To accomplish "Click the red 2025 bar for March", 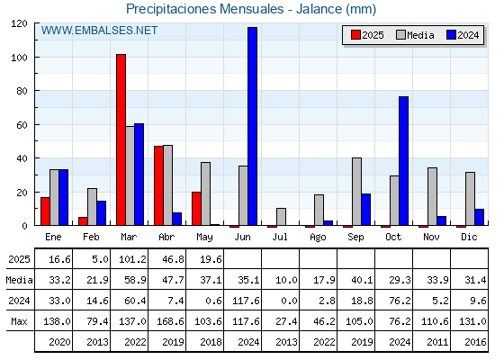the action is point(121,139).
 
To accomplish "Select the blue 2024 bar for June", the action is point(252,126).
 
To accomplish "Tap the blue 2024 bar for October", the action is point(404,161).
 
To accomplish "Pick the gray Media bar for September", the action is point(356,192).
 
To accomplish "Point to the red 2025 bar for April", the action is point(158,185).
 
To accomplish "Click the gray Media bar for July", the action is point(281,217).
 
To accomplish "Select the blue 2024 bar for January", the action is point(63,197).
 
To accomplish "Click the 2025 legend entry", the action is point(368,35).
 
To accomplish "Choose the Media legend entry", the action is point(415,35).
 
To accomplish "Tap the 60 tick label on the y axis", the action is point(22,125).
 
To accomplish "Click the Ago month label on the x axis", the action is point(318,238).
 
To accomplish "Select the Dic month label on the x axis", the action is point(469,237).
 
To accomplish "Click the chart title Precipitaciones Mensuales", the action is point(205,9).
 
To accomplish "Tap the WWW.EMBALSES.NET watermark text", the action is point(99,31).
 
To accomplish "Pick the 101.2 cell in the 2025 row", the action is point(132,259).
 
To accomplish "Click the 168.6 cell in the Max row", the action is point(170,321).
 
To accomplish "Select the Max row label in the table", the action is point(19,321).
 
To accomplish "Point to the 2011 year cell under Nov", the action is point(437,342).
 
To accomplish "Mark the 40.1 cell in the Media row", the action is point(362,280).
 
